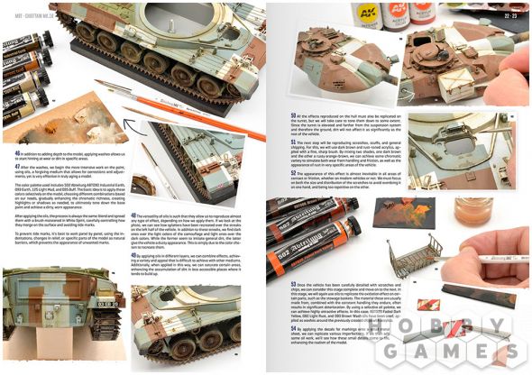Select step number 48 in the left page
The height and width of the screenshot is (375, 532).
[134, 215]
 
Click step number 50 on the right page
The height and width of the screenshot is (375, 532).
[294, 115]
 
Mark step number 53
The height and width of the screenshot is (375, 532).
[294, 284]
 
